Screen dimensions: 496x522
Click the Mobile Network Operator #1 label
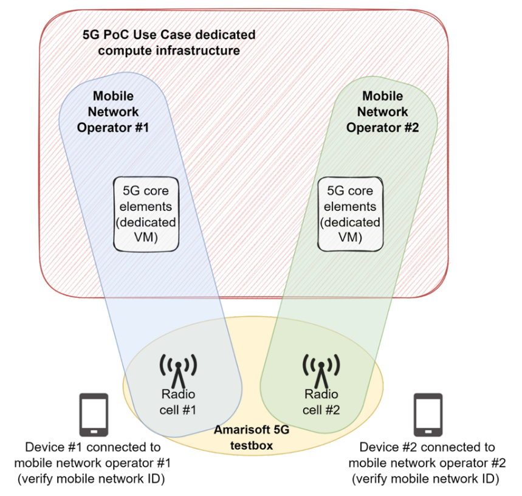113,112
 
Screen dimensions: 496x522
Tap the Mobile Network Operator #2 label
382,112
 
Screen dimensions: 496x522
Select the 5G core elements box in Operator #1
146,213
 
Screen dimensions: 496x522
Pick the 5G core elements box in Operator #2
351,213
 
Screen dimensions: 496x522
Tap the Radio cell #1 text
178,402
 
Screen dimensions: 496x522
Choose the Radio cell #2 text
321,402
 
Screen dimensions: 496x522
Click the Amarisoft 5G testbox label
251,438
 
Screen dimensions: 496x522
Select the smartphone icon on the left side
94,415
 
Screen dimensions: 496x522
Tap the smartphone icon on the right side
428,415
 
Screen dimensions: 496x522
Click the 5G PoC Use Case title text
169,43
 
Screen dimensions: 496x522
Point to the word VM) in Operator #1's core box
146,238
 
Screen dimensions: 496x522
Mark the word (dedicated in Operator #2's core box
351,222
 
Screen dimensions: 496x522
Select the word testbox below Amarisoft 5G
251,446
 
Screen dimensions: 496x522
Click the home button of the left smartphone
94,432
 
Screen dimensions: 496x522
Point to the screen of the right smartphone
428,413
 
